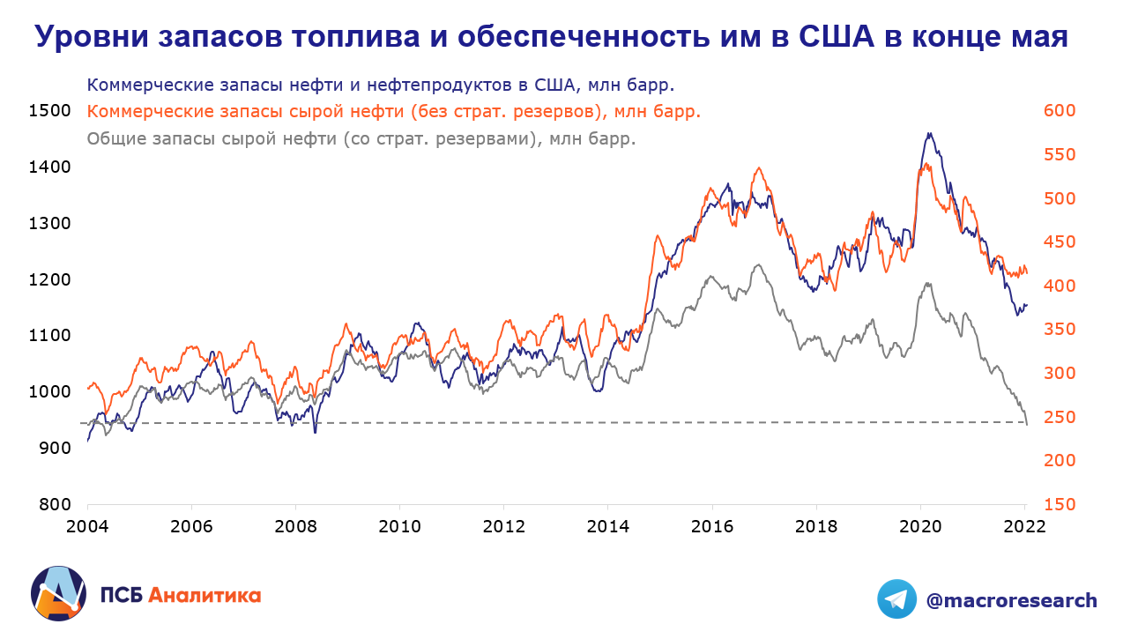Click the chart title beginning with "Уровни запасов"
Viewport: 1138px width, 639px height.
coord(551,37)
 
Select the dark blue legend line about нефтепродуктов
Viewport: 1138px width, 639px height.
coord(381,85)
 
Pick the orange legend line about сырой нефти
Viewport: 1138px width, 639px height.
coord(395,112)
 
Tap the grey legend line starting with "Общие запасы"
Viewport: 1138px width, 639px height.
coord(361,138)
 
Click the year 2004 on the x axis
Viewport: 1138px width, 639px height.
coord(88,527)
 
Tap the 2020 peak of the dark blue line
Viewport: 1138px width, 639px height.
coord(929,134)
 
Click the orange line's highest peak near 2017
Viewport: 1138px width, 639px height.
coord(758,168)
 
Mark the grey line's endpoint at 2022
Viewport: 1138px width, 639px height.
coord(1027,424)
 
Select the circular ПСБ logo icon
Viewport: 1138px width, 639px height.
coord(58,593)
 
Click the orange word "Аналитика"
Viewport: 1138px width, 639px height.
coord(205,595)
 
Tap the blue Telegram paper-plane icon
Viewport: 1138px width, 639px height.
coord(896,599)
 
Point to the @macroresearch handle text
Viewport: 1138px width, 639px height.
coord(1011,600)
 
